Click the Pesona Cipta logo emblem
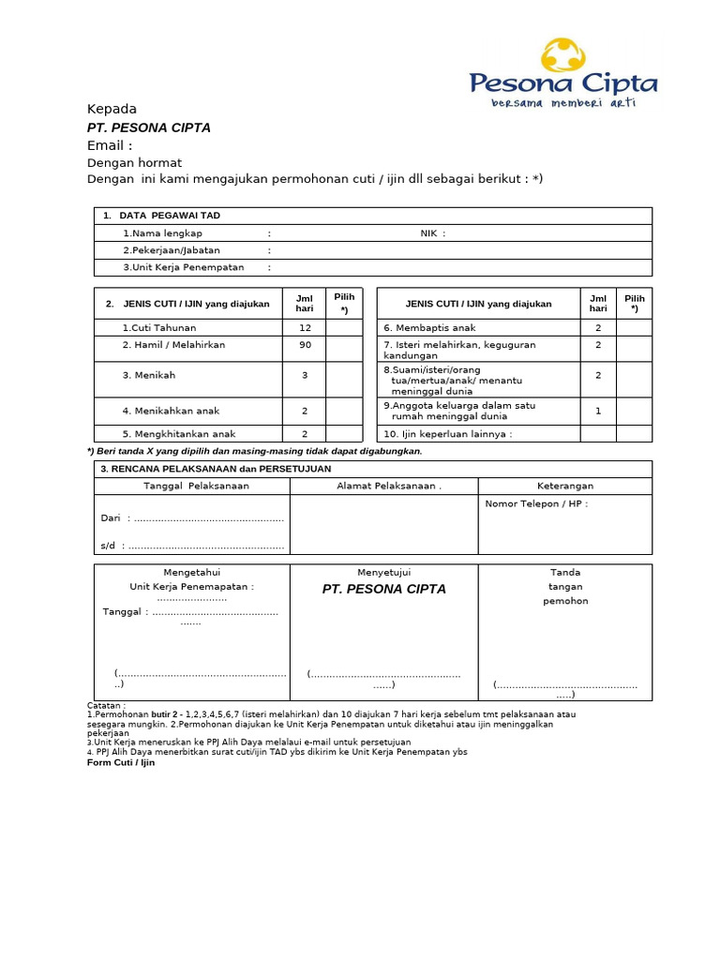563,55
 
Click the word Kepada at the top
112,109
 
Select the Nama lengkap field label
162,233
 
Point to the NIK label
432,233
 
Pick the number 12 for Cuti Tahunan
305,328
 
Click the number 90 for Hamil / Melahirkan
305,345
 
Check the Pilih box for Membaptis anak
634,328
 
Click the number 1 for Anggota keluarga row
597,411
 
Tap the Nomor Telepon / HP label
536,503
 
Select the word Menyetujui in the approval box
383,572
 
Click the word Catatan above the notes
106,705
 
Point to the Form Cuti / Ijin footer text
121,762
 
